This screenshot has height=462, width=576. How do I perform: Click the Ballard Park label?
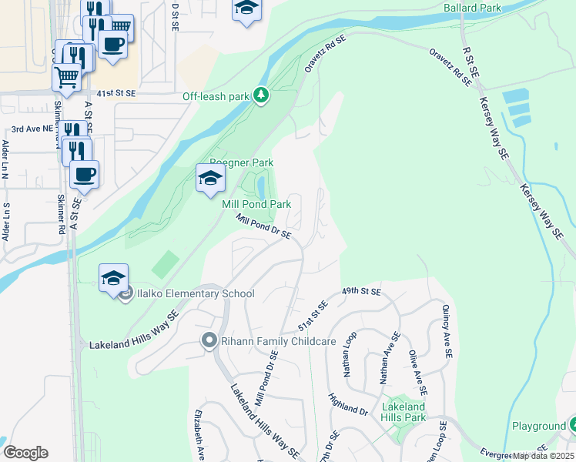click(x=472, y=8)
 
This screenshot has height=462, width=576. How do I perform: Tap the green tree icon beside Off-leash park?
click(x=262, y=95)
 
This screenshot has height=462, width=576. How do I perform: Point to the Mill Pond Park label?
click(x=256, y=204)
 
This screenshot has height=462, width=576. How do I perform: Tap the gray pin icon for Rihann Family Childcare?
click(x=208, y=340)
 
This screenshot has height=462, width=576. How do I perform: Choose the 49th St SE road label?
click(x=362, y=292)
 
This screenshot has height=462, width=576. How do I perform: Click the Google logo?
click(x=25, y=453)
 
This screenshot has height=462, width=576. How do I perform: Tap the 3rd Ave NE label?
click(x=32, y=130)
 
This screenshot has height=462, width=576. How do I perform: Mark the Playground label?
click(x=539, y=426)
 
